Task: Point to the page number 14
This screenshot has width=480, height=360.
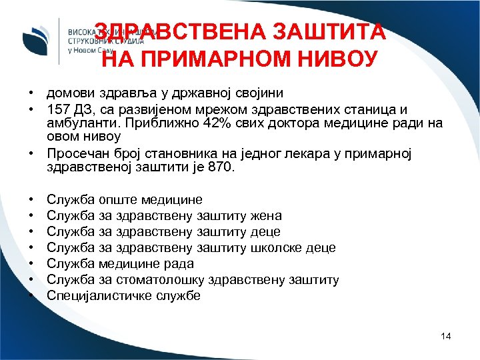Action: pos(446,336)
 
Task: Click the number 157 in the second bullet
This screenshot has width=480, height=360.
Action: pos(58,108)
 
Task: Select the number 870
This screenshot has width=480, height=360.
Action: pos(221,167)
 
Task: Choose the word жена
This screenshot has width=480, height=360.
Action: pos(265,215)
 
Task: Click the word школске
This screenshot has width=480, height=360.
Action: pos(275,247)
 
